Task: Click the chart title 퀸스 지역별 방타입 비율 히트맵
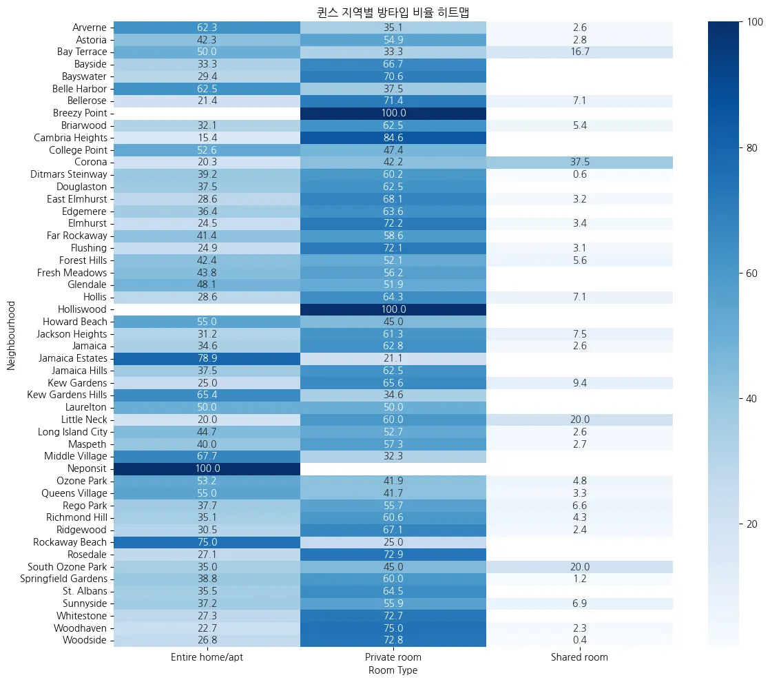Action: coord(393,11)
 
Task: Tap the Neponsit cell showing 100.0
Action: coord(207,468)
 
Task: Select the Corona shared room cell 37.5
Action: coord(579,162)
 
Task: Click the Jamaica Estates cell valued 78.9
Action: coord(207,358)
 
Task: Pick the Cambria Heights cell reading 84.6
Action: coord(393,137)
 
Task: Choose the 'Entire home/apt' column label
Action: coord(207,657)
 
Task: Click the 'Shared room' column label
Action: coord(579,657)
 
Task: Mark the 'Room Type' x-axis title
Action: coord(393,670)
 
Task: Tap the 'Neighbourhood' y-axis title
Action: coord(11,334)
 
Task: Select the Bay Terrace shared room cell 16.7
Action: coord(579,52)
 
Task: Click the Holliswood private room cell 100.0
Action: coord(393,309)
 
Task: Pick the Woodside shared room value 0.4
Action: coord(579,640)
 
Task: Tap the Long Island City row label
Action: coord(72,432)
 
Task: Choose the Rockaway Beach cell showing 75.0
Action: coord(207,542)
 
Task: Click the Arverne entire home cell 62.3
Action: coord(207,28)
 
